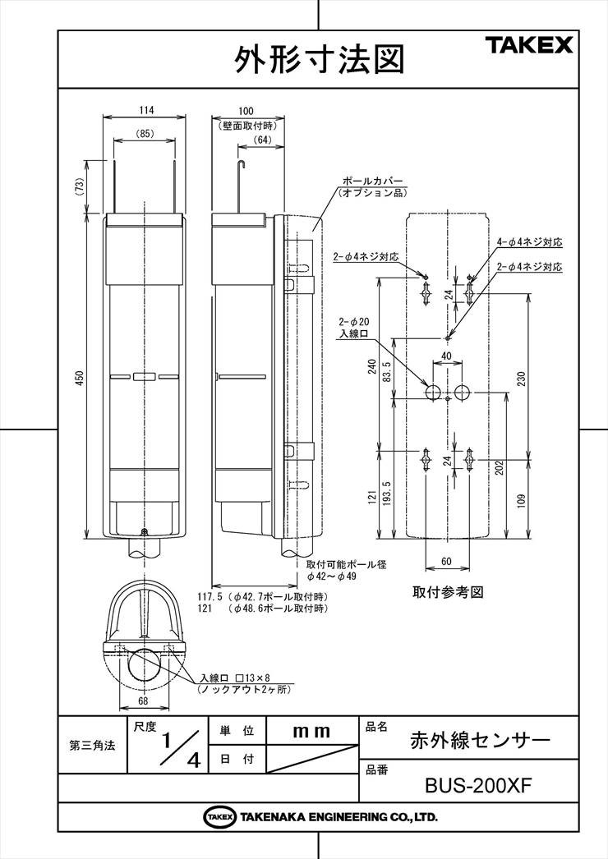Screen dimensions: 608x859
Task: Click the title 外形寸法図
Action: click(x=319, y=59)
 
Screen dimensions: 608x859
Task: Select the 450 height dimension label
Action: click(x=80, y=378)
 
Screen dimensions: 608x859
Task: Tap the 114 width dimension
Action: click(x=145, y=110)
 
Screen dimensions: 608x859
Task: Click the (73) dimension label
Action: click(x=79, y=187)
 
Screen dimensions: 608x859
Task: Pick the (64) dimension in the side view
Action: click(x=263, y=140)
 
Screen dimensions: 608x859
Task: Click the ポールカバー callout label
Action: click(x=373, y=181)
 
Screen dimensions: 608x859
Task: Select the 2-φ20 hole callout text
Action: click(x=353, y=322)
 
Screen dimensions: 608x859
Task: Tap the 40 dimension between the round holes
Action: click(x=446, y=356)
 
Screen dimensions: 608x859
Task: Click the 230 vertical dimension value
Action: click(x=522, y=379)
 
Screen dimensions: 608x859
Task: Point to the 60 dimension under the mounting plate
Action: click(x=446, y=561)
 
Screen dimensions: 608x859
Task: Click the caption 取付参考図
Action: click(x=448, y=592)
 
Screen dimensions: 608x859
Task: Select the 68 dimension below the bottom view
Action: click(x=142, y=701)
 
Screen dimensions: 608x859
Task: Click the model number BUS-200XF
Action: click(x=479, y=786)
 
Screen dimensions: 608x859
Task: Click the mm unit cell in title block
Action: click(x=311, y=732)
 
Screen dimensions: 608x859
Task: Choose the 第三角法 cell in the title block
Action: click(x=92, y=746)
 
